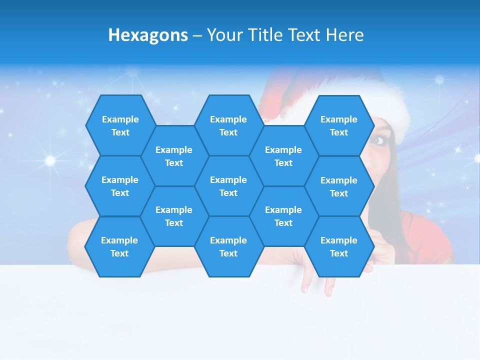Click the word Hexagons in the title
[x=148, y=35]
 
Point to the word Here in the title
[x=344, y=35]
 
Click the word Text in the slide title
[x=304, y=35]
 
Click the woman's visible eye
[x=378, y=140]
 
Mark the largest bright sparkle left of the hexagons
[x=50, y=160]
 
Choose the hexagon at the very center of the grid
[x=228, y=186]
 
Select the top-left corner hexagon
[x=120, y=125]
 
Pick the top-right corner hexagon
[x=339, y=125]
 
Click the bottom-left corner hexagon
[x=120, y=246]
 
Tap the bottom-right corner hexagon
[x=339, y=246]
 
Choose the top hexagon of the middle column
[x=228, y=125]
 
